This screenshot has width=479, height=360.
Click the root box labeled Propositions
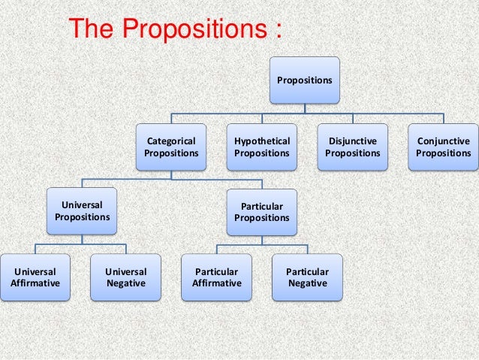click(x=305, y=80)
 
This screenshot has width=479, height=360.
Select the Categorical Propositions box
click(x=171, y=147)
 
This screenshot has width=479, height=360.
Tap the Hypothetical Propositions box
click(x=261, y=147)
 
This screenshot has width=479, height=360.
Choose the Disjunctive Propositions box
click(x=353, y=147)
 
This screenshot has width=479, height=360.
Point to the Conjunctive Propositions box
click(x=444, y=147)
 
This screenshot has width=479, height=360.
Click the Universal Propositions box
click(x=82, y=210)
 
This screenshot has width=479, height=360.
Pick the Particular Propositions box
click(x=261, y=212)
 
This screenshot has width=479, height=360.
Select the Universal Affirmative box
click(x=35, y=277)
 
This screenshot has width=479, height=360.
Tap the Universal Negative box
click(x=126, y=277)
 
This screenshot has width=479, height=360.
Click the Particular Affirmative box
click(x=216, y=277)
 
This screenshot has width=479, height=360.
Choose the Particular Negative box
click(x=307, y=277)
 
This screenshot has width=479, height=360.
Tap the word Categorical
click(x=171, y=141)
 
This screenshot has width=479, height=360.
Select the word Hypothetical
click(x=261, y=141)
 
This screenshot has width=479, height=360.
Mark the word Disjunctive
click(x=353, y=141)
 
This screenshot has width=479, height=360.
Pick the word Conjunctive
click(x=444, y=141)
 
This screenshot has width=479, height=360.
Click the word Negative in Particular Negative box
click(x=307, y=283)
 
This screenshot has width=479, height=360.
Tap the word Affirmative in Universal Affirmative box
click(x=35, y=283)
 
